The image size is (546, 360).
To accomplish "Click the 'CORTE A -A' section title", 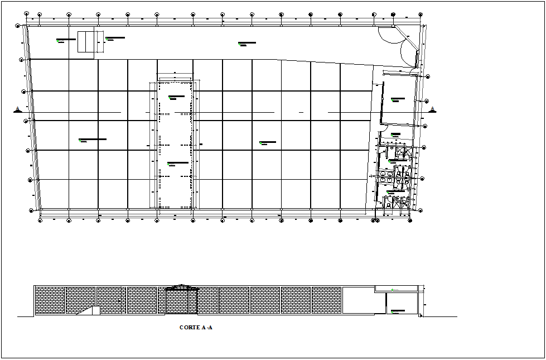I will pyautogui.click(x=196, y=328).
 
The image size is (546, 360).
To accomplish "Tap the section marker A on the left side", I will pyautogui.click(x=18, y=109).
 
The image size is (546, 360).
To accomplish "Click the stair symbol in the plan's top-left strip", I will pyautogui.click(x=86, y=42).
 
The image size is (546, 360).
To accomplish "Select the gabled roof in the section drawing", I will pyautogui.click(x=181, y=288).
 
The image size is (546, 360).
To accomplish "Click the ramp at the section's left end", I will pyautogui.click(x=89, y=311).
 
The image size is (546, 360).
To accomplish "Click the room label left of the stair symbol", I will pyautogui.click(x=66, y=40).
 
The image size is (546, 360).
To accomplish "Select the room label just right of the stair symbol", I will pyautogui.click(x=115, y=39).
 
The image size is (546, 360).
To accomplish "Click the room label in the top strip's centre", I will pyautogui.click(x=247, y=43).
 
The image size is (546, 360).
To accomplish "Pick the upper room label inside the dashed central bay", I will pyautogui.click(x=176, y=97).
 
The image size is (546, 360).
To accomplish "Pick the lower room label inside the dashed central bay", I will pyautogui.click(x=177, y=164).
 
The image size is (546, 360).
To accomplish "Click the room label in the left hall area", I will pyautogui.click(x=92, y=140).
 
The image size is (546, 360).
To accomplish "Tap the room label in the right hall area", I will pyautogui.click(x=269, y=143).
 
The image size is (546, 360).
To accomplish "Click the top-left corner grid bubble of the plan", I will pyautogui.click(x=18, y=25).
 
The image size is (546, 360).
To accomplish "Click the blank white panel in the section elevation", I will pyautogui.click(x=363, y=301).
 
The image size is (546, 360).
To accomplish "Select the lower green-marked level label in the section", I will pyautogui.click(x=398, y=311).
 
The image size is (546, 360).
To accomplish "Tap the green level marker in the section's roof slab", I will pyautogui.click(x=393, y=289).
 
